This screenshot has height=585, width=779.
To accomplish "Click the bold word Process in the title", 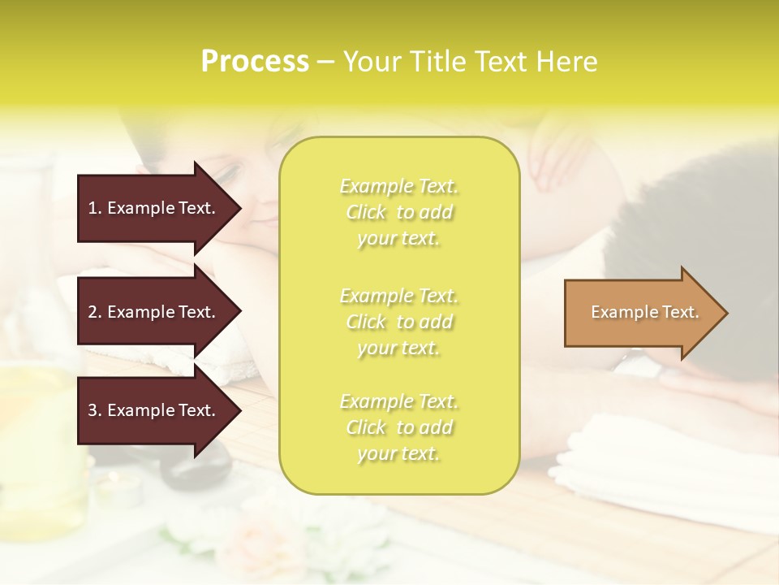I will (255, 62).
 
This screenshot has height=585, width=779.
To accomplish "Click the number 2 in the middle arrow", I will (93, 312).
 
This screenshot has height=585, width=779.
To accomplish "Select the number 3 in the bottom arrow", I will (93, 410).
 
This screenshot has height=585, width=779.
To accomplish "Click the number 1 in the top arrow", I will (93, 208).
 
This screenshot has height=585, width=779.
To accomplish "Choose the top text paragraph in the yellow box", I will (398, 212).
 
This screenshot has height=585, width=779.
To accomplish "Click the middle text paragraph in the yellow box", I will (398, 322).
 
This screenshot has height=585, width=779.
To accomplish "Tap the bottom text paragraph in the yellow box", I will (398, 427).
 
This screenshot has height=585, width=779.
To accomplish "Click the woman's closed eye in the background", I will (230, 173).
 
